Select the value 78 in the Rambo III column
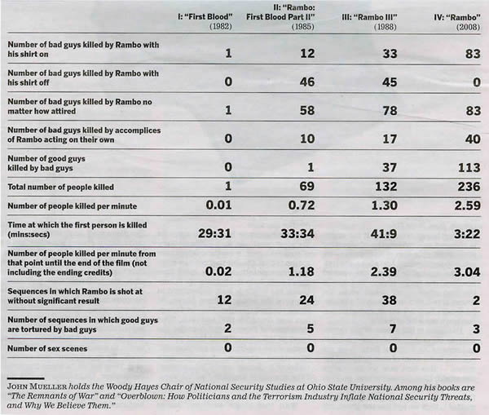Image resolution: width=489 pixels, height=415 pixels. point(367,108)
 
